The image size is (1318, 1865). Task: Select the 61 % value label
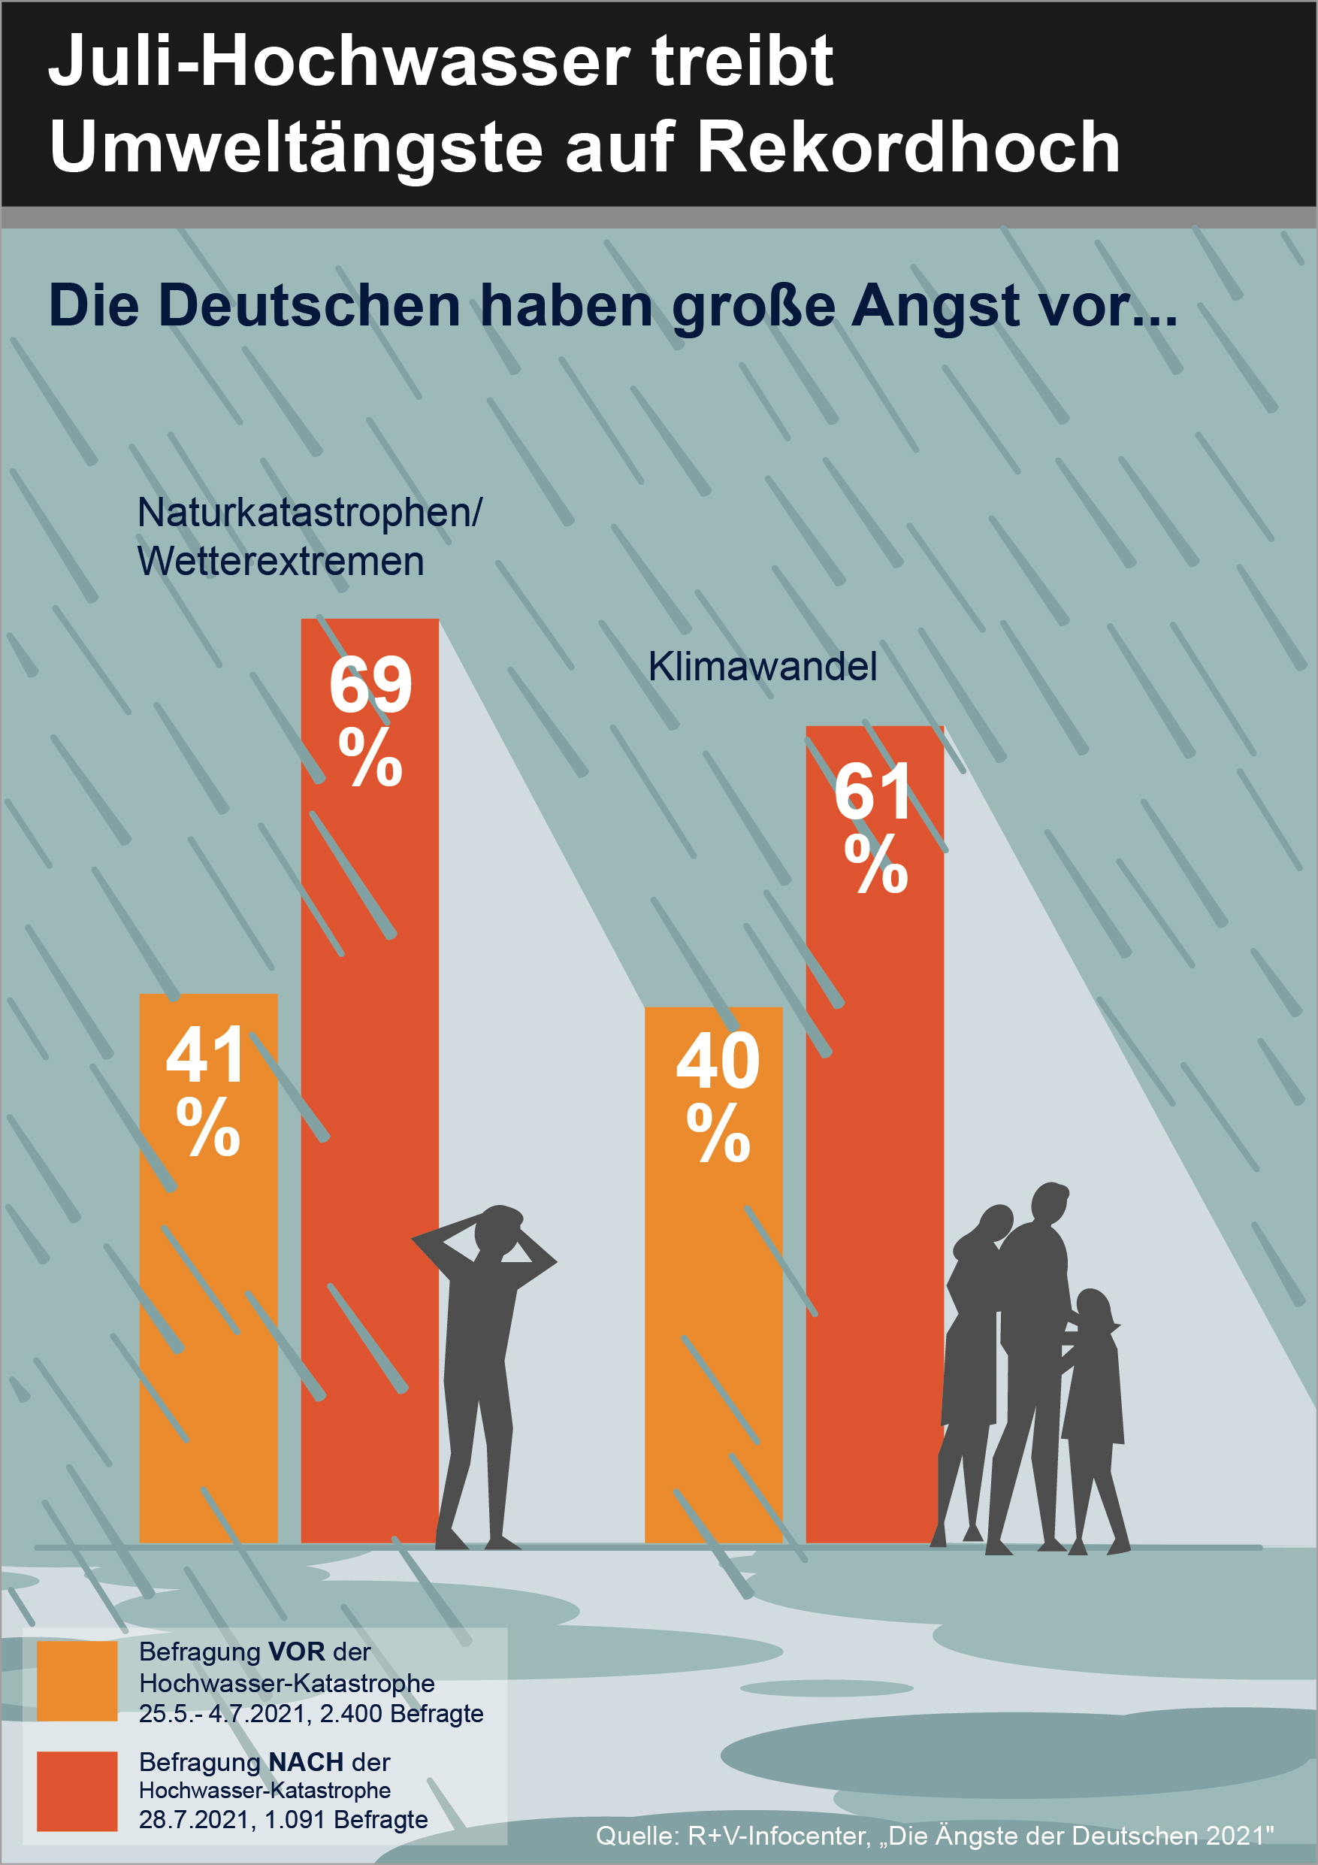[874, 826]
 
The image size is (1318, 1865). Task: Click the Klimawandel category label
[762, 667]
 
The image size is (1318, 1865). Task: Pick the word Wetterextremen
[280, 562]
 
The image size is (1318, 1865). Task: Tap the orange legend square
[77, 1681]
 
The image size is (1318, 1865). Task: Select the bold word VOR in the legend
[295, 1652]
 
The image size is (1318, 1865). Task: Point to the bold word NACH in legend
[306, 1762]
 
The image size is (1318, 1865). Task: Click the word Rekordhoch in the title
[908, 147]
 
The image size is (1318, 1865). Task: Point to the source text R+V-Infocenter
[778, 1836]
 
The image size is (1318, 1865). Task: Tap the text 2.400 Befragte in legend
[401, 1713]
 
